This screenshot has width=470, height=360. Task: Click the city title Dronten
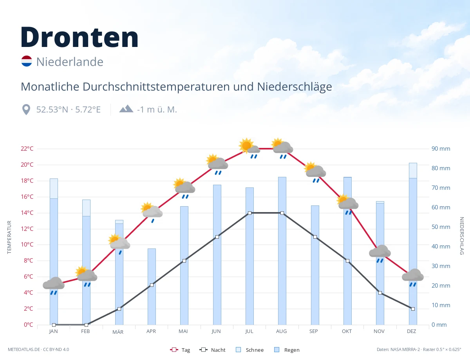coord(80,37)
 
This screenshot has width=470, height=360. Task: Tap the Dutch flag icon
coord(27,61)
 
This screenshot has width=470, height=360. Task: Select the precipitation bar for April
coord(152,286)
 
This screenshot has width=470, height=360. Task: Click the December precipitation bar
coord(413,244)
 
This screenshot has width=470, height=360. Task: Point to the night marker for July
coord(249,213)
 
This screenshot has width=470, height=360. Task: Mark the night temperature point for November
coord(380,293)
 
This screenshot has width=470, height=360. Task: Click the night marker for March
coord(119,309)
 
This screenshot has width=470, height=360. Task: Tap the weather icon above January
coord(54,286)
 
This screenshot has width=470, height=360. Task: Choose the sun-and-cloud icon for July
coord(249,148)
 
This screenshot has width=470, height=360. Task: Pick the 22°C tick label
coord(27,149)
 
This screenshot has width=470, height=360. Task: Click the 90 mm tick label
coord(441,149)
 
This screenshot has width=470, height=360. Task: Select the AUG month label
coord(281,331)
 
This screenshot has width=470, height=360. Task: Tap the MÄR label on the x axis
coord(118,332)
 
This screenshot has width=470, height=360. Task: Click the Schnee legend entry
coord(249,350)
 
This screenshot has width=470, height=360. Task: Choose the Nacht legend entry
coord(212,350)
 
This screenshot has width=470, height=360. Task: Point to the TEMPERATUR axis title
coord(9,237)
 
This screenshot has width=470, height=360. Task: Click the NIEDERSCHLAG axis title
coord(461,236)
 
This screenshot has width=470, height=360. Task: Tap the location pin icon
coord(26,110)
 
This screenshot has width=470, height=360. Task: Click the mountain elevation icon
coord(126,109)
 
